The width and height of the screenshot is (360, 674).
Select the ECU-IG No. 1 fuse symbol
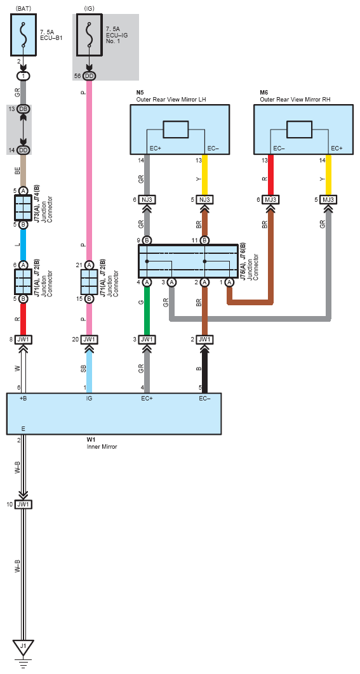pyautogui.click(x=89, y=36)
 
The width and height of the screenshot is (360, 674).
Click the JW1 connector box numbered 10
pyautogui.click(x=23, y=504)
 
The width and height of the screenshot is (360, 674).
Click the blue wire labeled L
pyautogui.click(x=23, y=245)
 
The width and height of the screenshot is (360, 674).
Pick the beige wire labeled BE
pyautogui.click(x=23, y=171)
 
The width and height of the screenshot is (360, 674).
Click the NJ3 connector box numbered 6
pyautogui.click(x=147, y=200)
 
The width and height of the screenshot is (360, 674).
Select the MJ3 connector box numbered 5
pyautogui.click(x=329, y=200)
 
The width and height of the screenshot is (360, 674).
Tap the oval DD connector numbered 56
pyautogui.click(x=89, y=76)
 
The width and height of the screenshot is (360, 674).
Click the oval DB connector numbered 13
pyautogui.click(x=23, y=109)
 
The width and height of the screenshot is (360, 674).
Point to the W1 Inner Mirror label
pyautogui.click(x=102, y=444)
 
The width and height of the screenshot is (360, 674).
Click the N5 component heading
pyautogui.click(x=140, y=93)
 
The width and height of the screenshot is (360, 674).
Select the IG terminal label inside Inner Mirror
pyautogui.click(x=89, y=399)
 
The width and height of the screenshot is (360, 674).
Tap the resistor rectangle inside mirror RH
pyautogui.click(x=299, y=129)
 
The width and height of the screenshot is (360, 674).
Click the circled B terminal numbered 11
pyautogui.click(x=205, y=240)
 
